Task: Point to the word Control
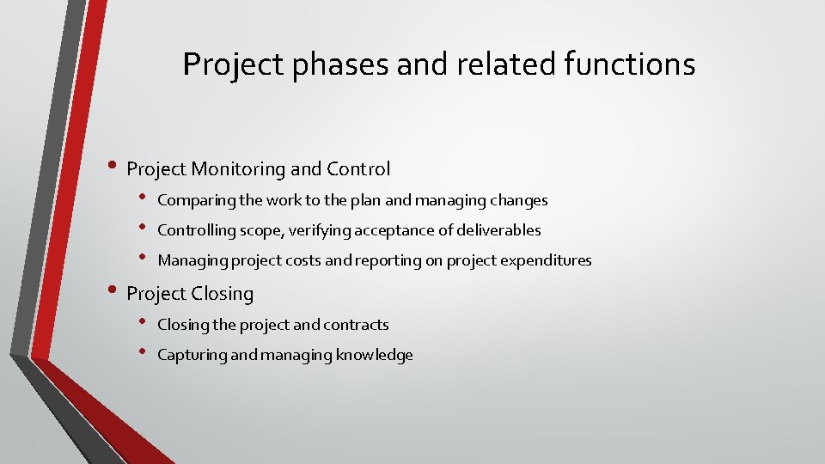359,169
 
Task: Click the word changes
518,201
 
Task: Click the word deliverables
498,230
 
